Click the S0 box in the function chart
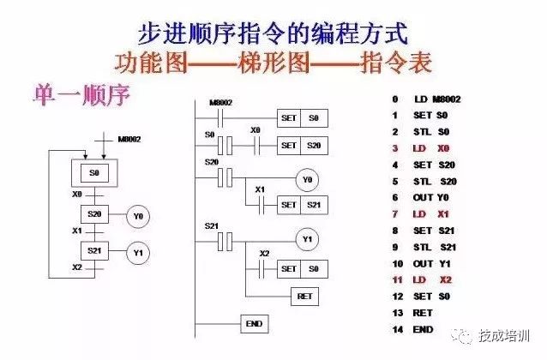click(94, 173)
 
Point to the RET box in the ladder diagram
click(303, 296)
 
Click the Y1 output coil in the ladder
click(307, 238)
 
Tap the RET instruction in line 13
click(423, 313)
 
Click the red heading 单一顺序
click(81, 94)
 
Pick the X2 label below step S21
click(76, 267)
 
